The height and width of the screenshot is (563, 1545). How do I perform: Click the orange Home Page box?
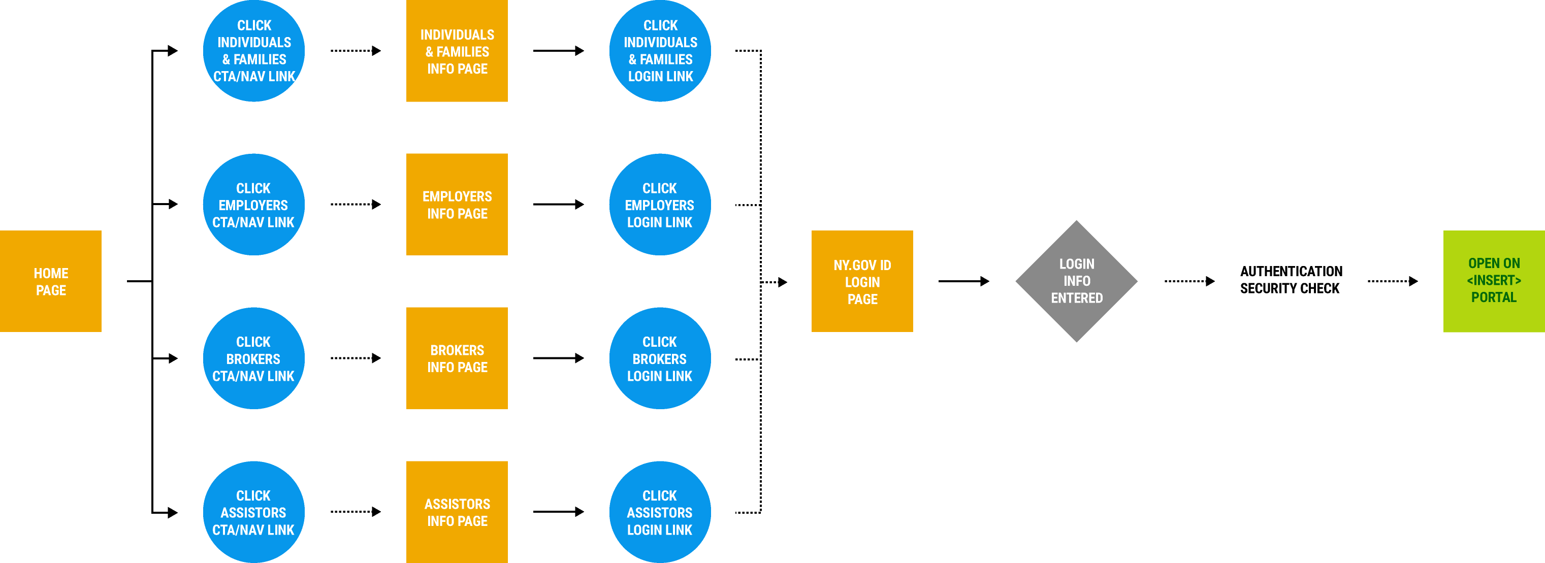pyautogui.click(x=51, y=281)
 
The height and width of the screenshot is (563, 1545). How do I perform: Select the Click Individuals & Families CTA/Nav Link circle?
pyautogui.click(x=254, y=51)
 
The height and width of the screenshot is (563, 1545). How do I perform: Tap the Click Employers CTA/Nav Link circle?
pyautogui.click(x=254, y=205)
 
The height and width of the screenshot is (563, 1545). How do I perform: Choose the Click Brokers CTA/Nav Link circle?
pyautogui.click(x=254, y=358)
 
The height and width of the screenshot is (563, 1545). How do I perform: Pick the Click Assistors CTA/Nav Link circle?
pyautogui.click(x=254, y=512)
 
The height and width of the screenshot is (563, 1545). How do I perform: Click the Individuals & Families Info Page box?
pyautogui.click(x=457, y=51)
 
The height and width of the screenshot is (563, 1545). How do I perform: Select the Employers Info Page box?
pyautogui.click(x=457, y=205)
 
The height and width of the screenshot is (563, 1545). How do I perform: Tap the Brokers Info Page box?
pyautogui.click(x=457, y=358)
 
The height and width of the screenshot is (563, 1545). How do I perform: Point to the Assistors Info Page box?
pyautogui.click(x=457, y=512)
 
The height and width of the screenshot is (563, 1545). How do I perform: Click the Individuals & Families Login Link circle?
pyautogui.click(x=660, y=51)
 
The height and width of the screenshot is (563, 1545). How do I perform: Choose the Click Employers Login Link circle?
pyautogui.click(x=660, y=205)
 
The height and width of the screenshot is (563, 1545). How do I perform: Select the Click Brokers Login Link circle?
pyautogui.click(x=660, y=358)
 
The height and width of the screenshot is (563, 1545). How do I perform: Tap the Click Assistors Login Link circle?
pyautogui.click(x=660, y=512)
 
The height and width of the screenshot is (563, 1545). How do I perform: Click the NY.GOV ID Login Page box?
pyautogui.click(x=862, y=281)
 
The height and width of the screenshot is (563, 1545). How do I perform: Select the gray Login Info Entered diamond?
pyautogui.click(x=1077, y=281)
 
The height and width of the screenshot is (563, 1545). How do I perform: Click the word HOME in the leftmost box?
pyautogui.click(x=51, y=274)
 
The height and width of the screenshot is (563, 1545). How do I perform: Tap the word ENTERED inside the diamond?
pyautogui.click(x=1077, y=298)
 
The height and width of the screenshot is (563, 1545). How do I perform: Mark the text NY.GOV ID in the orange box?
pyautogui.click(x=862, y=265)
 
